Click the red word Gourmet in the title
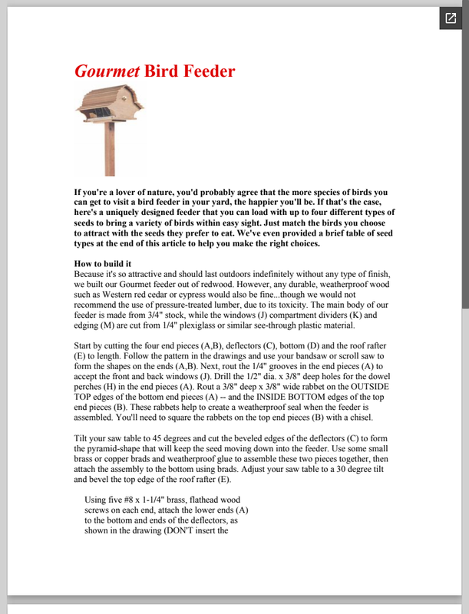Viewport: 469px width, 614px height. point(107,72)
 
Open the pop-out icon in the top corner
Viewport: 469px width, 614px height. point(449,18)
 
